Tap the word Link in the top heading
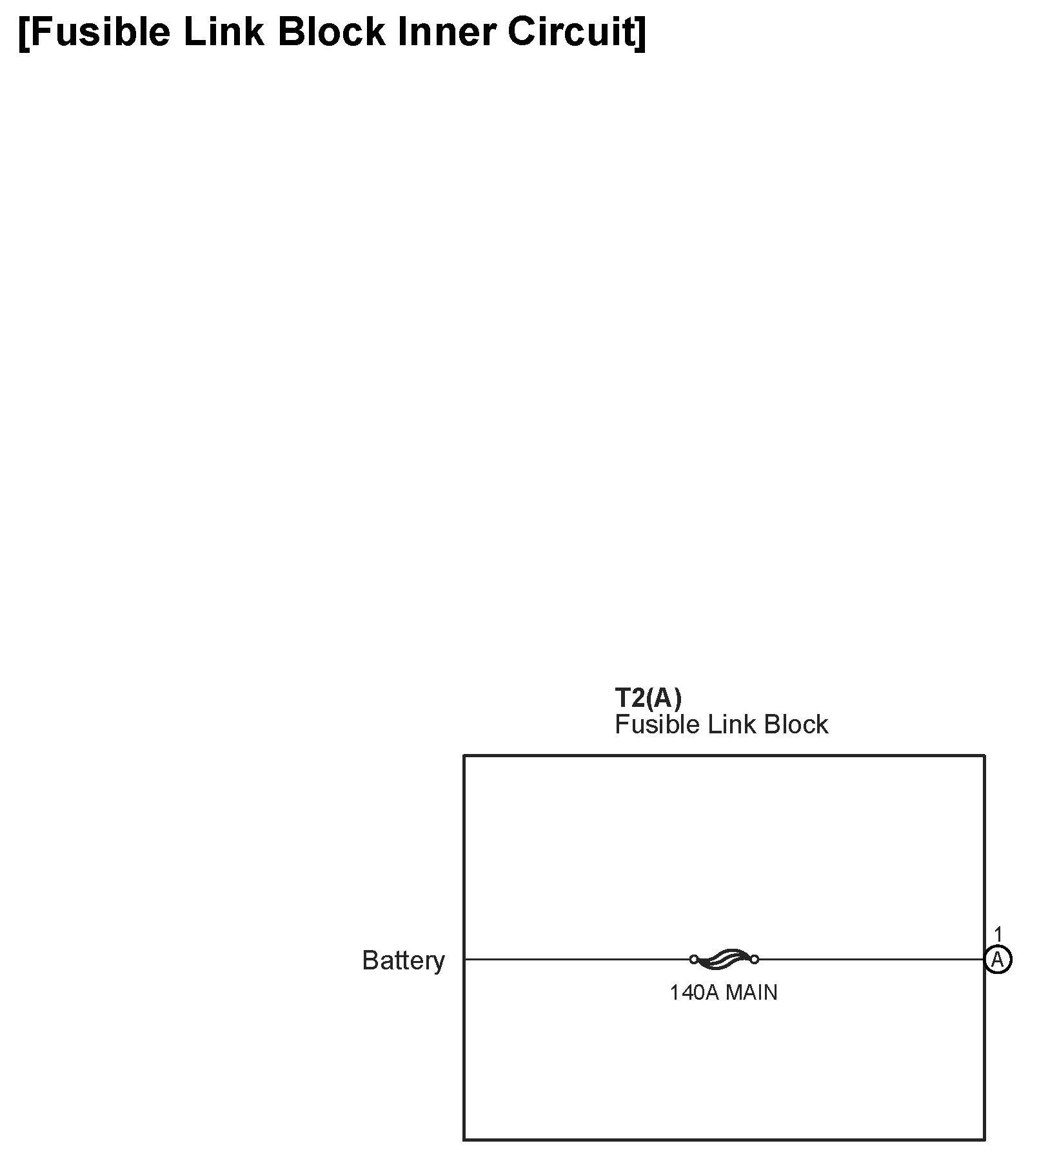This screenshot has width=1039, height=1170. tap(223, 32)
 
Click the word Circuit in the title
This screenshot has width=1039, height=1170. tap(569, 32)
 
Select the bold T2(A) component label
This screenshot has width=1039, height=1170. tap(648, 698)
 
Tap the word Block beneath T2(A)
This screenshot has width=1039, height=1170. tap(796, 725)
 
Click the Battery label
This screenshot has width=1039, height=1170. tap(403, 960)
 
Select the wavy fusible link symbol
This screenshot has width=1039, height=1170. tap(724, 959)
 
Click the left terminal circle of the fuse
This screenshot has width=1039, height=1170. tap(694, 959)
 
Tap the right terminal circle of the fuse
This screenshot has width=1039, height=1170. tap(754, 959)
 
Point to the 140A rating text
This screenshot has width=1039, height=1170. tap(694, 993)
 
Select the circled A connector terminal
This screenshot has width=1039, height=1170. tap(998, 960)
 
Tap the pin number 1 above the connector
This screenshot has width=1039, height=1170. tap(998, 934)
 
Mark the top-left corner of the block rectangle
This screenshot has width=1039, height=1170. tap(464, 755)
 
